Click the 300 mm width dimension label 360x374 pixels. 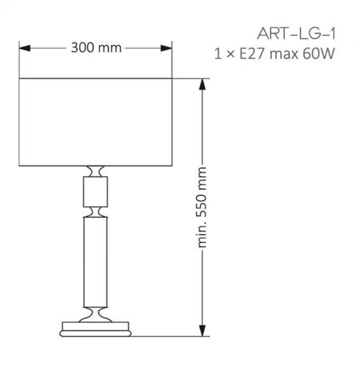[96, 47]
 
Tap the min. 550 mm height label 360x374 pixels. [201, 208]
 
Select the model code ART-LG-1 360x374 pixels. [297, 34]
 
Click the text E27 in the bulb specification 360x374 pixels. [252, 53]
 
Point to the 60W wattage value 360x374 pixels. [319, 53]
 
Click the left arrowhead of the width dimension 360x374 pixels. [25, 48]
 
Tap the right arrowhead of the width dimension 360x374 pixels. [166, 48]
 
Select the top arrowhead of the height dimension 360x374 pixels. [202, 84]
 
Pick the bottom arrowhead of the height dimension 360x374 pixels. [202, 331]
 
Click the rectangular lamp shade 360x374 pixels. [96, 122]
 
